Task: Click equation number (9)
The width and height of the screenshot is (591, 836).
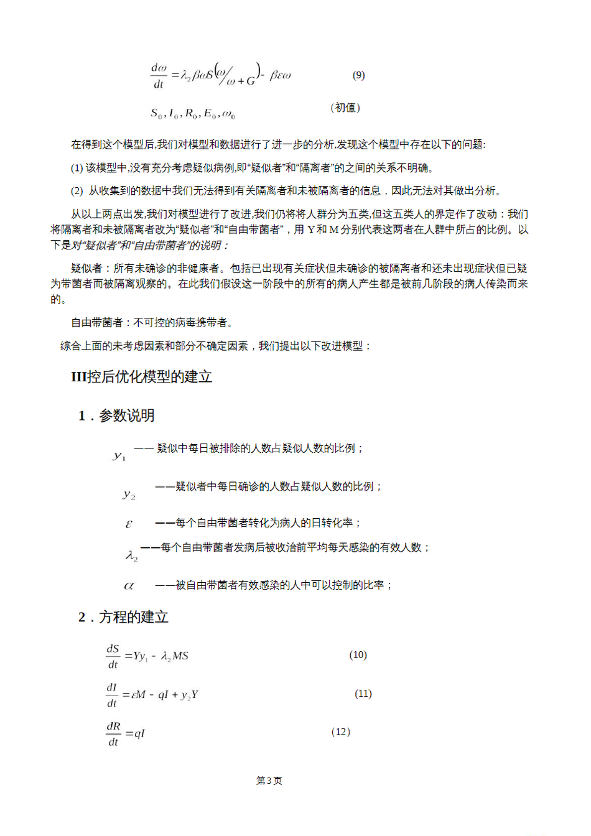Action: (x=358, y=75)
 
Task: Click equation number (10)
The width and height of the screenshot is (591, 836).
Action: (x=358, y=655)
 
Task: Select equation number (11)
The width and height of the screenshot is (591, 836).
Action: (x=363, y=694)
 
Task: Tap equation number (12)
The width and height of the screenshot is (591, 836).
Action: (x=341, y=732)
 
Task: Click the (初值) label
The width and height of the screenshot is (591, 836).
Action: (x=345, y=108)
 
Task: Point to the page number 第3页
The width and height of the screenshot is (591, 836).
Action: (x=269, y=781)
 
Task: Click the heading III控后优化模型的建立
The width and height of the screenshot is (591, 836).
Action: (x=142, y=377)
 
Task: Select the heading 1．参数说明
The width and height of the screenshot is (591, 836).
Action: (x=116, y=416)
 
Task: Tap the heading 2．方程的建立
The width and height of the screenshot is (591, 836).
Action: (x=123, y=617)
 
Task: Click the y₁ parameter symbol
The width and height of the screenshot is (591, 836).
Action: (x=119, y=456)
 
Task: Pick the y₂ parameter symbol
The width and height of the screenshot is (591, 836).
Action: (x=129, y=495)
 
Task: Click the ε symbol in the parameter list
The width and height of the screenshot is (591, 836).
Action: (x=129, y=524)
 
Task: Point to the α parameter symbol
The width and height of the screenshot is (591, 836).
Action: (x=129, y=586)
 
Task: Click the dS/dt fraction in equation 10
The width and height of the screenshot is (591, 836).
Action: (x=113, y=656)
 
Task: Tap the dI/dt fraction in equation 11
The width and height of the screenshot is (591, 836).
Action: (x=112, y=695)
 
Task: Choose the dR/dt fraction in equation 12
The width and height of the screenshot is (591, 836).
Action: (x=113, y=734)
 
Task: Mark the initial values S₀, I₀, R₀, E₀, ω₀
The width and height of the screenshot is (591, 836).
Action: (x=193, y=114)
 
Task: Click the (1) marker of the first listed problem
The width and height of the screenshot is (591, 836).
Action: (x=77, y=168)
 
